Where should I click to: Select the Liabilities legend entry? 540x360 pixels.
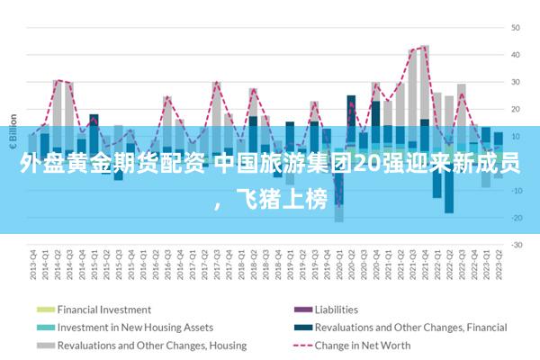click(335, 309)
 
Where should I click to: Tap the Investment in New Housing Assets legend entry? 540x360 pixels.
click(134, 327)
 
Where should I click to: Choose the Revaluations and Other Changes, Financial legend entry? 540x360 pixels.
click(410, 327)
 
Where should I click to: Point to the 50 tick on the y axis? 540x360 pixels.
click(517, 28)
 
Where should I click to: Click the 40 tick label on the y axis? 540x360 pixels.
click(517, 55)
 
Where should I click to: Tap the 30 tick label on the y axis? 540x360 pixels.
click(517, 82)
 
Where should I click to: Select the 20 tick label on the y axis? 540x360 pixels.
click(517, 109)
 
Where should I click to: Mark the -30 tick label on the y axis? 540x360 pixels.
click(516, 244)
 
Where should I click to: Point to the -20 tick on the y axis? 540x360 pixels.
click(516, 217)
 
